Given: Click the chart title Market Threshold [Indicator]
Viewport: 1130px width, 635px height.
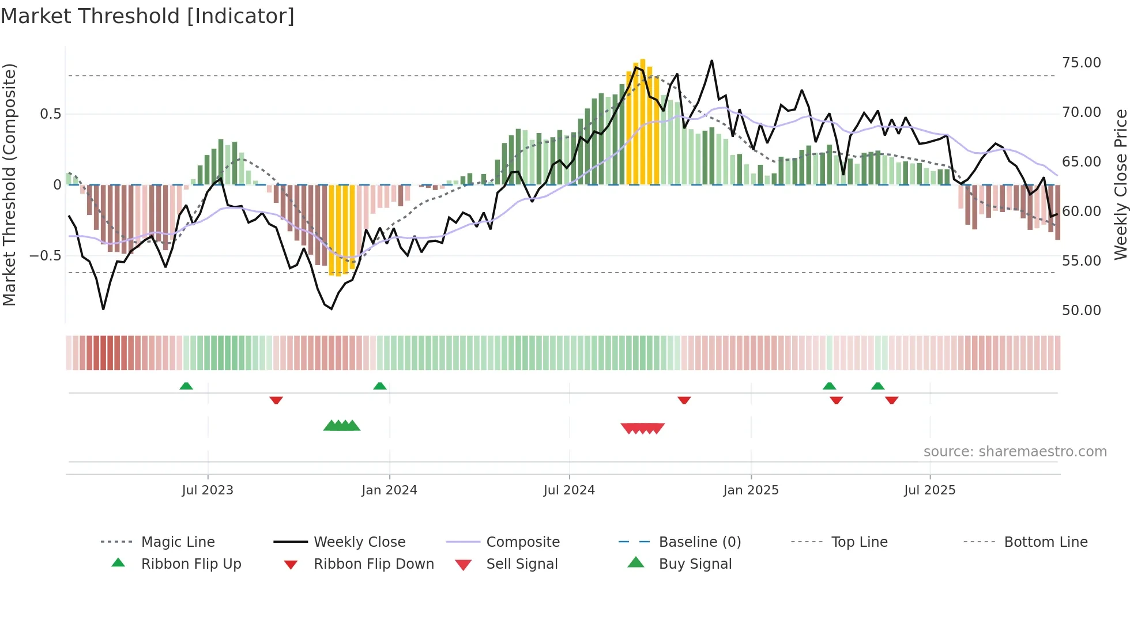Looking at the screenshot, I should point(148,16).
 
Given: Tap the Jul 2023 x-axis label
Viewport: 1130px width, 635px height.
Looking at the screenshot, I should point(208,490).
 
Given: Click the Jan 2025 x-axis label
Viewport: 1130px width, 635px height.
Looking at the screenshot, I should point(751,490).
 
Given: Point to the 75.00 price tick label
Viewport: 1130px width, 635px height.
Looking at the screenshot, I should point(1081,62).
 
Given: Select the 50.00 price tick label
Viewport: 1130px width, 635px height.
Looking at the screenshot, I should point(1081,310).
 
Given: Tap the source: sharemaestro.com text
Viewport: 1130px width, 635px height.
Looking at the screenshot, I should point(1015,451).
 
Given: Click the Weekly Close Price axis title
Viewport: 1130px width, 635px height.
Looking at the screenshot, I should point(1120,184).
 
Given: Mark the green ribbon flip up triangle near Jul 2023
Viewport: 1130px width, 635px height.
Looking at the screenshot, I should point(186,386).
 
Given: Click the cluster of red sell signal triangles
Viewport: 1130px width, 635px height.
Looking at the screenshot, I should point(642,428).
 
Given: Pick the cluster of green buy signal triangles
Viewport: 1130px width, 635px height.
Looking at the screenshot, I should point(342,426).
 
